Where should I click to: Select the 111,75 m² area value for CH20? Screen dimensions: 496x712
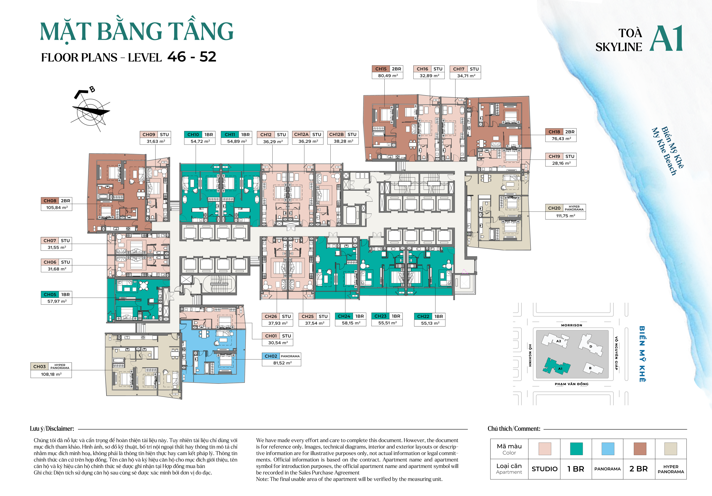pos(565,216)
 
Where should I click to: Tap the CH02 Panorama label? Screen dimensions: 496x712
pos(281,356)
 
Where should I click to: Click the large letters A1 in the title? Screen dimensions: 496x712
pos(666,39)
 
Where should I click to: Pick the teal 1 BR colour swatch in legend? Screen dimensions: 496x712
pos(576,448)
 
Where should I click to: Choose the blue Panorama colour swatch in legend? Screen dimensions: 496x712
pos(607,448)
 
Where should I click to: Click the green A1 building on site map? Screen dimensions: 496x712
pos(557,367)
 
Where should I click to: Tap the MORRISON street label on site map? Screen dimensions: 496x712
pos(572,325)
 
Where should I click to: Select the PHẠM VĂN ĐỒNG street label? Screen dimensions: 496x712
pos(572,384)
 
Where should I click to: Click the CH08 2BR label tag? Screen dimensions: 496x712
pos(56,201)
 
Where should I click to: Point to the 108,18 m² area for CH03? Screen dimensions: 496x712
pos(51,374)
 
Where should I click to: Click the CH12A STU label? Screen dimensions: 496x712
pos(307,134)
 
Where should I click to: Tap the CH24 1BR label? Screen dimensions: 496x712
pos(350,316)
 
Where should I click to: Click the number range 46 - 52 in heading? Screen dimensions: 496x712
pos(192,57)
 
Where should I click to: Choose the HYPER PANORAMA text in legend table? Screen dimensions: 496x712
pos(671,469)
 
